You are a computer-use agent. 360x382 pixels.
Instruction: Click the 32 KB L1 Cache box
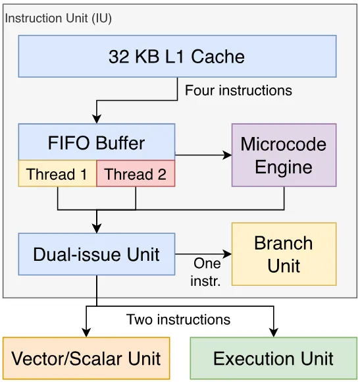pyautogui.click(x=177, y=56)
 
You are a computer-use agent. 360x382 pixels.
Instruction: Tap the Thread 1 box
pyautogui.click(x=57, y=173)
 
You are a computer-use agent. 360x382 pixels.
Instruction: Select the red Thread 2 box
pyautogui.click(x=136, y=173)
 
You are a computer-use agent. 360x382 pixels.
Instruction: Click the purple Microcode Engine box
pyautogui.click(x=284, y=155)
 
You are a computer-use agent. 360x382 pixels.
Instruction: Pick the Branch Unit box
pyautogui.click(x=284, y=254)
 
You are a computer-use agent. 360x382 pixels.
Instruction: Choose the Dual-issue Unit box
pyautogui.click(x=97, y=254)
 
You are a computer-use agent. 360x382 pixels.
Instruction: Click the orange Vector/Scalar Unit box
pyautogui.click(x=86, y=358)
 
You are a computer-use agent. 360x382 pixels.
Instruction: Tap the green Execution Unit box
pyautogui.click(x=274, y=358)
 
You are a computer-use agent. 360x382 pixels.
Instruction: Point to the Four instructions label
pyautogui.click(x=238, y=91)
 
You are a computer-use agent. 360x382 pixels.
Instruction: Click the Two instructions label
pyautogui.click(x=178, y=319)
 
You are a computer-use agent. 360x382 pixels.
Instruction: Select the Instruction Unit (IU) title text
pyautogui.click(x=58, y=18)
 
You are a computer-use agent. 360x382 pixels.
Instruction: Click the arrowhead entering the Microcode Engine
pyautogui.click(x=228, y=155)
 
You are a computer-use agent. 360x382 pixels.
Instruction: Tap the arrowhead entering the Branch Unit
pyautogui.click(x=228, y=254)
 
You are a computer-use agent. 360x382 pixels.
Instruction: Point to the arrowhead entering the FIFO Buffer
pyautogui.click(x=97, y=119)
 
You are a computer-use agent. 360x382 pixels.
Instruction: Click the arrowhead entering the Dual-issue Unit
pyautogui.click(x=97, y=229)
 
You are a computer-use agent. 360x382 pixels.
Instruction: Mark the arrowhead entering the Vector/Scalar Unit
pyautogui.click(x=86, y=333)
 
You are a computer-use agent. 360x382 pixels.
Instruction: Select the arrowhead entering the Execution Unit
pyautogui.click(x=274, y=333)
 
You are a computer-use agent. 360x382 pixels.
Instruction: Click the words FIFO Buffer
pyautogui.click(x=96, y=143)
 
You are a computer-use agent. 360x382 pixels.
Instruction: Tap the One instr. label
pyautogui.click(x=206, y=272)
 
